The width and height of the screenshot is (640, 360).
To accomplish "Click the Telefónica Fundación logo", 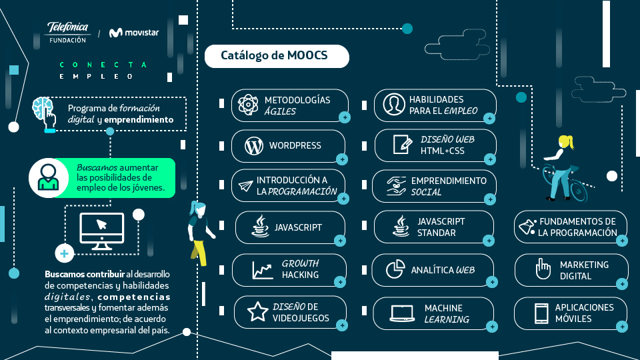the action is point(68,33).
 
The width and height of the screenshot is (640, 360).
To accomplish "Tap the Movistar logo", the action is point(134,32).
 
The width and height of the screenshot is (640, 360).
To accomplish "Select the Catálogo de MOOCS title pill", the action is point(277,56).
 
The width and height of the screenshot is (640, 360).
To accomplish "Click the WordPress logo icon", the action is point(254,146).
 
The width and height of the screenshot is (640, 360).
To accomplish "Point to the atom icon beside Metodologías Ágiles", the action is point(248,105).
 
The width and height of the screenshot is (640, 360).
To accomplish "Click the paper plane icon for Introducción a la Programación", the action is point(246,186).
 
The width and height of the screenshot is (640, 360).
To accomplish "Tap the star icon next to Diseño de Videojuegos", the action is point(257,311).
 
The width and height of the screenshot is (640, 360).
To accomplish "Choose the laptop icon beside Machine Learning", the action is point(402,313).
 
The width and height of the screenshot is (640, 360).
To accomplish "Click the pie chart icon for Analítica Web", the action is point(395,269).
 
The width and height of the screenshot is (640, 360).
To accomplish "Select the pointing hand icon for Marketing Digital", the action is point(543,269).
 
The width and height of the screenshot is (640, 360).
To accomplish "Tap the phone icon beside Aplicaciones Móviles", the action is point(541,313).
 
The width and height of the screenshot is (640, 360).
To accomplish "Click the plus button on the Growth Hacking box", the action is point(340,281).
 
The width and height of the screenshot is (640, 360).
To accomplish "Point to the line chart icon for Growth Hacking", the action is point(263,271).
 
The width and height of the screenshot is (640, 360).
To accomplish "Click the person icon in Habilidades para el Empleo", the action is point(394,105).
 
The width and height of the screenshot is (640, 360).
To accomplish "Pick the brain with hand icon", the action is point(45,115).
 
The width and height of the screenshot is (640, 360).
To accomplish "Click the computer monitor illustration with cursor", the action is point(101,231).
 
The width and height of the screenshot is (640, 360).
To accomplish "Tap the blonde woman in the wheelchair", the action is point(564,169).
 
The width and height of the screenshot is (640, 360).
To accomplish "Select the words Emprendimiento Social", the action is point(449,186).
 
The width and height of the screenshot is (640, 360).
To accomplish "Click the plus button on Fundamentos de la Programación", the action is point(622,241).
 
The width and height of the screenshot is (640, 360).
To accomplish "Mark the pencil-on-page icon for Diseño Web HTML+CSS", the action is point(403,145).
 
